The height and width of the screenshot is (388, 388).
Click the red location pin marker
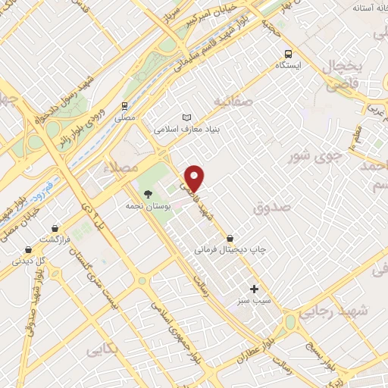(x=196, y=178)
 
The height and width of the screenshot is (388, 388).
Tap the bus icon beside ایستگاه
(x=288, y=54)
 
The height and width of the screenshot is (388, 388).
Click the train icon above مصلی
(x=124, y=106)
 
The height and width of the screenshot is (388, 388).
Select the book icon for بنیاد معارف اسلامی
(x=187, y=117)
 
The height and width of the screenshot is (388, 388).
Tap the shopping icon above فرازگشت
(x=55, y=227)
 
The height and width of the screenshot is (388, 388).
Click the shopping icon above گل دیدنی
(x=28, y=249)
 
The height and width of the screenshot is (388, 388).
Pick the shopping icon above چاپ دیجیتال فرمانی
(x=230, y=237)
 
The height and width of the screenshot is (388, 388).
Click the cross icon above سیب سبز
(x=255, y=288)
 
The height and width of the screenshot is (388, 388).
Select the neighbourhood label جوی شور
(x=310, y=157)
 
